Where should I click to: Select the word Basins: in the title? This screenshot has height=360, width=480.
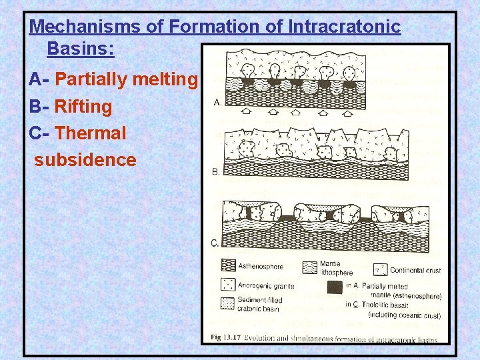click(x=81, y=49)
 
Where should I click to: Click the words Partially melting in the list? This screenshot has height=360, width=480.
click(x=127, y=80)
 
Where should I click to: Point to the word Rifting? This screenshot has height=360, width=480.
click(x=83, y=107)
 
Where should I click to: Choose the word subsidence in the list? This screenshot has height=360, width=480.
click(x=85, y=160)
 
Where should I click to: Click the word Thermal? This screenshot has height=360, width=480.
click(x=91, y=133)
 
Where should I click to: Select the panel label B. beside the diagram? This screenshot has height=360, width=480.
click(x=216, y=172)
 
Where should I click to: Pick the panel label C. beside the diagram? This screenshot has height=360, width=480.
click(x=215, y=243)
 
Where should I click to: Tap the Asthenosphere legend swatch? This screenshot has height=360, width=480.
click(x=229, y=265)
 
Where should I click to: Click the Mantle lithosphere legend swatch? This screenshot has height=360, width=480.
click(x=309, y=267)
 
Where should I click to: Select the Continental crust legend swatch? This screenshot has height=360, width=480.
click(x=380, y=269)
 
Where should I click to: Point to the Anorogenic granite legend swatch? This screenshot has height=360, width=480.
click(x=229, y=286)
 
